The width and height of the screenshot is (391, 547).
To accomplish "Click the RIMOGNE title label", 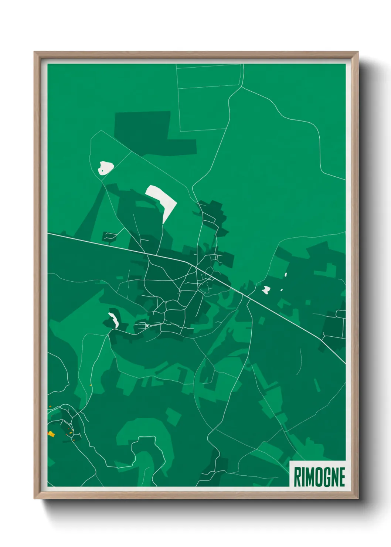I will (x=319, y=476).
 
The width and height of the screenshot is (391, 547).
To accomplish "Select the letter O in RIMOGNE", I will (x=320, y=477).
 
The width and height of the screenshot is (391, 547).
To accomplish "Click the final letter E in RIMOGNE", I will (x=342, y=477).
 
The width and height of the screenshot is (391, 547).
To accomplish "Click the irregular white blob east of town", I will (x=266, y=290).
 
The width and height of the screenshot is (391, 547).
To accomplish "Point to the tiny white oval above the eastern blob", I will (x=286, y=275).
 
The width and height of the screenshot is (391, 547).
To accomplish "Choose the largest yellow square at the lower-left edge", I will (x=51, y=434).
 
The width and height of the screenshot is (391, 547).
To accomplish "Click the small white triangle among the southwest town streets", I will (x=147, y=326).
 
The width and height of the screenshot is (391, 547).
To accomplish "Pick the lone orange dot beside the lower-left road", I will (x=91, y=385).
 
